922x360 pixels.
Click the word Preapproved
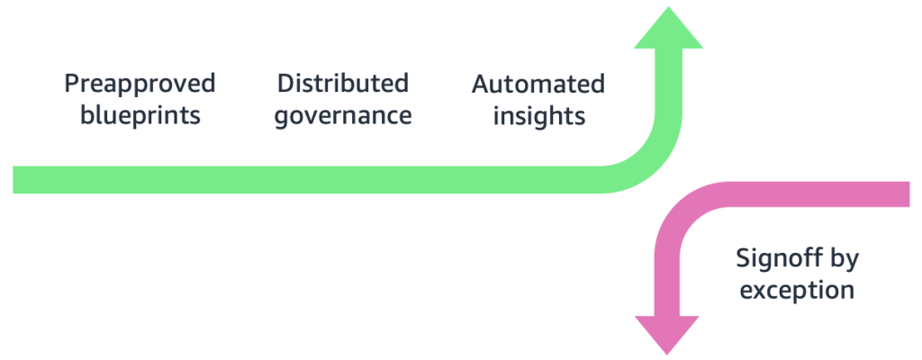pyautogui.click(x=140, y=85)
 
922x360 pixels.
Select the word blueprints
pyautogui.click(x=140, y=116)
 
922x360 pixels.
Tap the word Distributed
pyautogui.click(x=342, y=85)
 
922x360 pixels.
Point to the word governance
pyautogui.click(x=342, y=116)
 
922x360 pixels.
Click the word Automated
pyautogui.click(x=538, y=85)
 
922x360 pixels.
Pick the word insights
pyautogui.click(x=538, y=116)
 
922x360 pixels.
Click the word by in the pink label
pyautogui.click(x=845, y=260)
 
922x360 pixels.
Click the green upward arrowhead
pyautogui.click(x=667, y=31)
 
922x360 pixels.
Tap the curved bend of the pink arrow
pyautogui.click(x=689, y=212)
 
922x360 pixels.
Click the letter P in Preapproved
pyautogui.click(x=71, y=85)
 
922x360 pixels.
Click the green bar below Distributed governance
pyautogui.click(x=342, y=179)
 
